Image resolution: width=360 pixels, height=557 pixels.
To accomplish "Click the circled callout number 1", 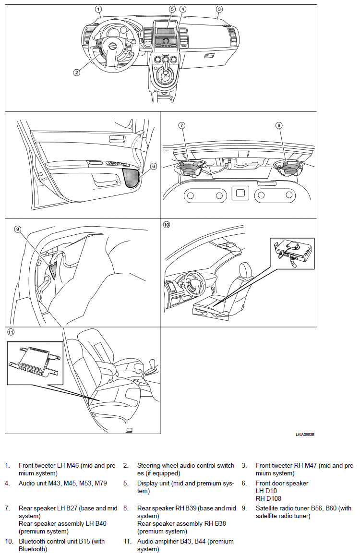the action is [98, 9].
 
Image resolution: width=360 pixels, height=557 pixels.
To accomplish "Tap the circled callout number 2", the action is [76, 73].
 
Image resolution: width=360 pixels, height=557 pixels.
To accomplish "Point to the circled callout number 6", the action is [154, 166].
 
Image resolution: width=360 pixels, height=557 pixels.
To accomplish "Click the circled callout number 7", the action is [181, 125].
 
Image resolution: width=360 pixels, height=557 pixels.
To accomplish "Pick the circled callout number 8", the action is [279, 125].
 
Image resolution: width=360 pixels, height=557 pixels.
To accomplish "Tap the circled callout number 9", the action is [18, 229].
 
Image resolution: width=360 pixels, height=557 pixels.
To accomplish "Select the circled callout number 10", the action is [167, 225].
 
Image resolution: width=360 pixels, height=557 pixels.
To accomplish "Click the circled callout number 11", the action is [11, 332].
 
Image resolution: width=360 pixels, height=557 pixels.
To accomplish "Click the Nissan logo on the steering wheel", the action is [112, 47].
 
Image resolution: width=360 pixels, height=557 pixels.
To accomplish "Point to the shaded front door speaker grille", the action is [132, 177].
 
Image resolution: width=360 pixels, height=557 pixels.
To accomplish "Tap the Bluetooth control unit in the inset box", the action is [294, 251].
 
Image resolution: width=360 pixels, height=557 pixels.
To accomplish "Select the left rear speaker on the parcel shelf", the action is [190, 167].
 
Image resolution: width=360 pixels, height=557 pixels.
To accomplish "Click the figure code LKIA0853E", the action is [305, 435].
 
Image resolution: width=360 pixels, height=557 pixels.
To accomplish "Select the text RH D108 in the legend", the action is [268, 498].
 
